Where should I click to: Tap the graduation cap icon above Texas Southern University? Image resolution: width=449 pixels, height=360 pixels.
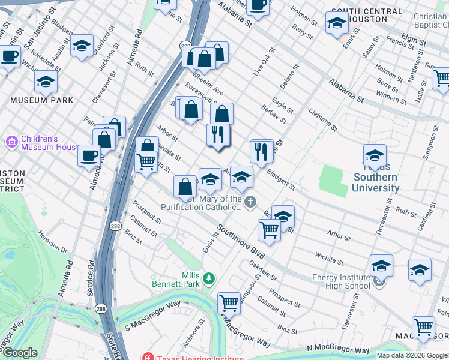coord(375,155)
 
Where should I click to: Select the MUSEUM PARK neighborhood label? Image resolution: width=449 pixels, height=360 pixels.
coord(46,100)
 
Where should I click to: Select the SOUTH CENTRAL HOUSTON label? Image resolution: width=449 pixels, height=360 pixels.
coord(367,15)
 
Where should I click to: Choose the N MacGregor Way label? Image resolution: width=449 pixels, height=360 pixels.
coord(338,349)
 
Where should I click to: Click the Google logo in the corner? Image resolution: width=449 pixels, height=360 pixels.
coord(19,353)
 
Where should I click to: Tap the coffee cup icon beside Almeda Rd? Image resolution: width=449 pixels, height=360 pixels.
coord(89,155)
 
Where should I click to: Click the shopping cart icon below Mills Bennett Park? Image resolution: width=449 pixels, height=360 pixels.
coord(229,303)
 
